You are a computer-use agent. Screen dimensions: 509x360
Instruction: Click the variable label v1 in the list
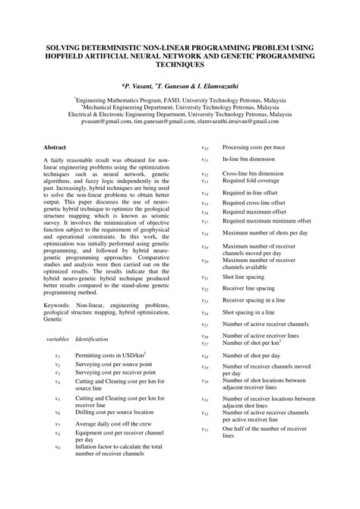click(58, 355)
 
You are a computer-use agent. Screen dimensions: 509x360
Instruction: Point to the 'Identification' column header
click(91, 338)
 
